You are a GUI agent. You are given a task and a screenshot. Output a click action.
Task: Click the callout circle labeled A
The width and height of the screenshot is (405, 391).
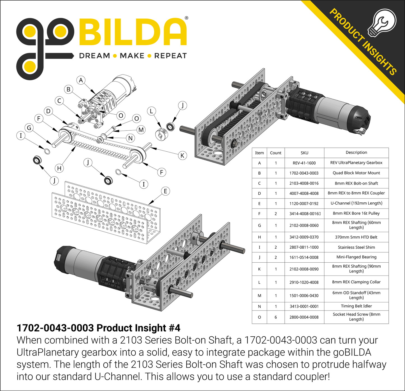point(81,80)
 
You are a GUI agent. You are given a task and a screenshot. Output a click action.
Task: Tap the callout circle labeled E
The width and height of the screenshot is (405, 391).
point(165,191)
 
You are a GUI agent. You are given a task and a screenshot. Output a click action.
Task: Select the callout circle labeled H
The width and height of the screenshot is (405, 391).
point(59,168)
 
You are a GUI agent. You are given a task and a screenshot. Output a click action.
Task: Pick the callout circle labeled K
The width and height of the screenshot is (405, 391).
point(182,156)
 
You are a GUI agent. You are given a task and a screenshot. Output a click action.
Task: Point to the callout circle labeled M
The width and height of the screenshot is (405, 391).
point(141,130)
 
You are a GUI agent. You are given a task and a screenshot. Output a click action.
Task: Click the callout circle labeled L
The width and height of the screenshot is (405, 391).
point(151,111)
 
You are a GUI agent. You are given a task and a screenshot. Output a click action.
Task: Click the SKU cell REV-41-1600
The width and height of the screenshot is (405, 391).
point(304,163)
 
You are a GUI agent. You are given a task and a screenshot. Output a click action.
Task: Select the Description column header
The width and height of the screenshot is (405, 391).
point(356,152)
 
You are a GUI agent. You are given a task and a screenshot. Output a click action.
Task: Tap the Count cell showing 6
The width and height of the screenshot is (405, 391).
point(276,317)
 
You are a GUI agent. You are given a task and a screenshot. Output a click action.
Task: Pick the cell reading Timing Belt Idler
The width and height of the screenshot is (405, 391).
point(356,306)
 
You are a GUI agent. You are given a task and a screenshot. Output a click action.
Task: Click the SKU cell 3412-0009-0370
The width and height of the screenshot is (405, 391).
point(304,237)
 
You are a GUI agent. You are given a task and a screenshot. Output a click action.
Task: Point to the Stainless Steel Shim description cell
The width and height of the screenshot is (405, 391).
point(356,247)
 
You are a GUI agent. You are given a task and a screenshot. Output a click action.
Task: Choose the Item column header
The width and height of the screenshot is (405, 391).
point(259,153)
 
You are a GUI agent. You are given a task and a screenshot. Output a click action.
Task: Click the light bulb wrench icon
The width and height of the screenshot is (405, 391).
point(382,23)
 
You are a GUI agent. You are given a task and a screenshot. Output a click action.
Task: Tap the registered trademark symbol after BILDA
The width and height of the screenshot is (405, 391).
point(187,18)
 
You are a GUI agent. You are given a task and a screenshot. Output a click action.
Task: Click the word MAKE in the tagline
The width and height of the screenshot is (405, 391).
point(132,56)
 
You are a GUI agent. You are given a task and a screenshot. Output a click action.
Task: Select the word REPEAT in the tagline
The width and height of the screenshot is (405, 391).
point(170,56)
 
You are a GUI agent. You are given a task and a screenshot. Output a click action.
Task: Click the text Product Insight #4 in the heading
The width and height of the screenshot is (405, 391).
point(138,328)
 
